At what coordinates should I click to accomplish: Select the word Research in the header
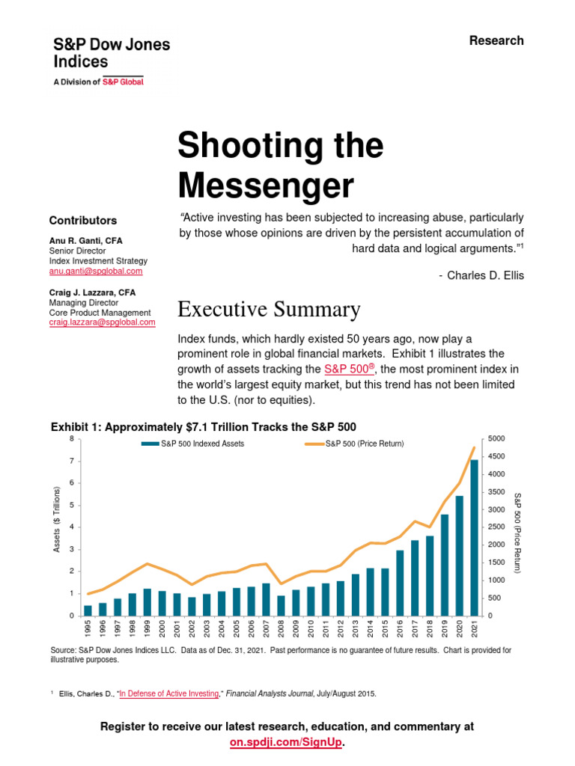[x=496, y=40]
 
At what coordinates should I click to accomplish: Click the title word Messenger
[x=264, y=184]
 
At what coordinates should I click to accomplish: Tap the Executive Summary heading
[x=269, y=309]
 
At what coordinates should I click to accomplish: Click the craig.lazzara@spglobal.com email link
[x=102, y=322]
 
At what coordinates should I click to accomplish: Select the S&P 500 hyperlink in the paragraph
[x=349, y=370]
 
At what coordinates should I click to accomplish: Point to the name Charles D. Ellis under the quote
[x=486, y=275]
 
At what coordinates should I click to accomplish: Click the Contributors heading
[x=83, y=221]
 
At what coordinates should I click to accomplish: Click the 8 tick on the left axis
[x=72, y=438]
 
